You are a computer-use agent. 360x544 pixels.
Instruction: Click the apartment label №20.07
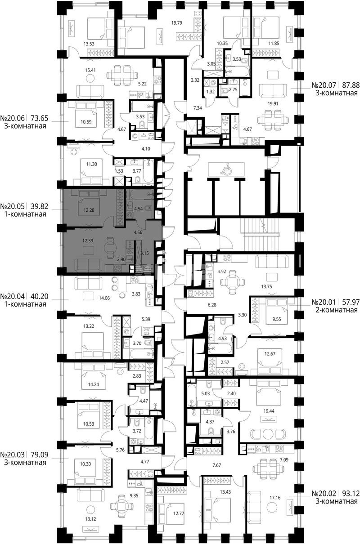[324, 85]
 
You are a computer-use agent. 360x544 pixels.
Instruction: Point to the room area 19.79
[177, 23]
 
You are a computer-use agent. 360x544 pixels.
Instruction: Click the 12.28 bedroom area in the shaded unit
[89, 210]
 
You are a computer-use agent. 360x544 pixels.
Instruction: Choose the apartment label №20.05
[13, 206]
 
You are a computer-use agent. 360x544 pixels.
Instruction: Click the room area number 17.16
[275, 498]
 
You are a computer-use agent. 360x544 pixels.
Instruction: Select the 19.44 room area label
[269, 411]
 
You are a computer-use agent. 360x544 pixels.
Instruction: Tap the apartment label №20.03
[13, 455]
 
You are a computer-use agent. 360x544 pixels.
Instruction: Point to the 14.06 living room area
[104, 298]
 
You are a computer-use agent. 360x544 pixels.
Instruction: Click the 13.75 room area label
[267, 286]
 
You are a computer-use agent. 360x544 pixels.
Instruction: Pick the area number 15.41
[90, 70]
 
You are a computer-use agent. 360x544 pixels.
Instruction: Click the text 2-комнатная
[337, 310]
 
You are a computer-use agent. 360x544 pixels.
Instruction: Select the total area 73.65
[40, 118]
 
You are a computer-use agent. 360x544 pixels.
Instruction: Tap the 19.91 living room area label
[273, 104]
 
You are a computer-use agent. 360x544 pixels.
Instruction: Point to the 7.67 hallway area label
[216, 465]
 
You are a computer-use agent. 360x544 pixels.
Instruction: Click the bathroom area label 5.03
[205, 393]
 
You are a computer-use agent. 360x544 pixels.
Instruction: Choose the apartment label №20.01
[324, 302]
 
